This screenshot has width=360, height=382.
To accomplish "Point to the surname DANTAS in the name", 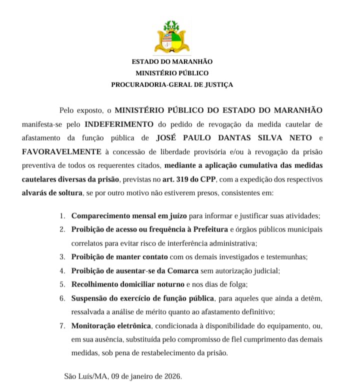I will tap(221, 137).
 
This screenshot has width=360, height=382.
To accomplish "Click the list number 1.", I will tap(62, 216).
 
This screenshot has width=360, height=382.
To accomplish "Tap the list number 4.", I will tap(62, 270).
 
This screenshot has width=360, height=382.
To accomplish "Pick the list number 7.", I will tap(62, 325).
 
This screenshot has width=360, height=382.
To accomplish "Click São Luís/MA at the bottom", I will tap(82, 375).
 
